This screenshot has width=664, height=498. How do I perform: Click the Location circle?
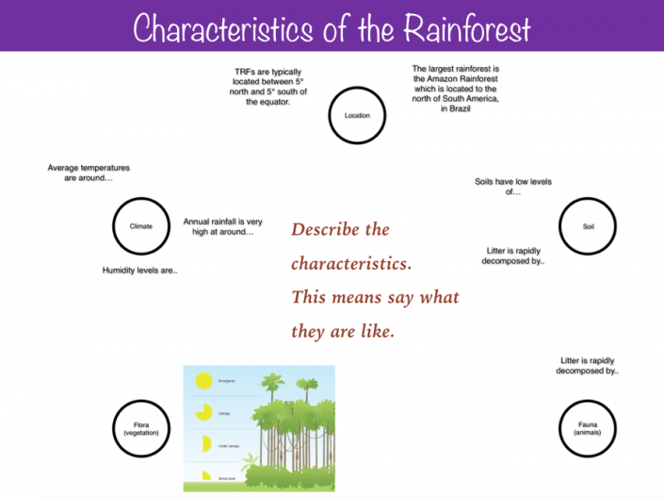358,116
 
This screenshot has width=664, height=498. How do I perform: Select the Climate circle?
140,226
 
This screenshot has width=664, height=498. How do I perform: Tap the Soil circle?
588,226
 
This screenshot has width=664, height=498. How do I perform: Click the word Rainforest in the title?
468,28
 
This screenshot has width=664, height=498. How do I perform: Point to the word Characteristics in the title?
222,28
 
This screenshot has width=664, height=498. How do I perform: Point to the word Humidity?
120,271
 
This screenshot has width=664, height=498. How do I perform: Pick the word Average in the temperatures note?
65,168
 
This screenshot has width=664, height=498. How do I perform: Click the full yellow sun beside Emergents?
202,381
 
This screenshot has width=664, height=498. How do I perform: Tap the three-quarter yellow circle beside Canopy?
202,411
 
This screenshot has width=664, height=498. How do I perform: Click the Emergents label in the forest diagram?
226,380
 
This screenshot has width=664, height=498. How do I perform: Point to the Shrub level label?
227,479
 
